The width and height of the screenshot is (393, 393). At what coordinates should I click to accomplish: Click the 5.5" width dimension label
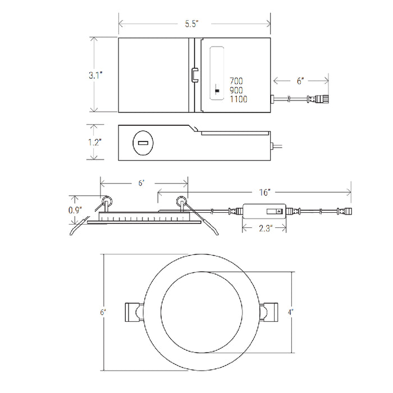[x=192, y=24]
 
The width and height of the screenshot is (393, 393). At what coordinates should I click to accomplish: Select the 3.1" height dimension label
[x=95, y=75]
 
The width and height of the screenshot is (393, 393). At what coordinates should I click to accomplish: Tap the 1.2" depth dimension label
[x=94, y=143]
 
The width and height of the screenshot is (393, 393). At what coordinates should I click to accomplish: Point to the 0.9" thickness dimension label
[x=75, y=210]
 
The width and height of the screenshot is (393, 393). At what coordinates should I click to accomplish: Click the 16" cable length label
[x=264, y=192]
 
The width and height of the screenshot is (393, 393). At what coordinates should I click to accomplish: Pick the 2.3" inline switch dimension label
[x=266, y=229]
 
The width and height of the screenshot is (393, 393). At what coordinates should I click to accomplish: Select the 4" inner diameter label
[x=290, y=312]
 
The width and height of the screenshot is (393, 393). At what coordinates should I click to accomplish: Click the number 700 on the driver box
[x=236, y=81]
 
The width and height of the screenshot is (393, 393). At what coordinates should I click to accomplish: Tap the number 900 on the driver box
[x=236, y=90]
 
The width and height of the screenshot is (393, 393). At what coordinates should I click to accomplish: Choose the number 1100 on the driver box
[x=239, y=99]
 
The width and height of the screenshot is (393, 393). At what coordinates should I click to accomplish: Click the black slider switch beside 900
[x=217, y=91]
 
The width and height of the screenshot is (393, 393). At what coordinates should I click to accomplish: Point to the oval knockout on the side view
[x=143, y=143]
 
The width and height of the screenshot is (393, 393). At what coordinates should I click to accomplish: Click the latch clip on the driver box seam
[x=195, y=75]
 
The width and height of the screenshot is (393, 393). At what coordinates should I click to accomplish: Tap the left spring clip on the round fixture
[x=134, y=312]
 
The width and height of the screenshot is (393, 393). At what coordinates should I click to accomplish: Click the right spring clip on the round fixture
[x=269, y=312]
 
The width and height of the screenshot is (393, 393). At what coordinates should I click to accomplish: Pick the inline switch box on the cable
[x=264, y=211]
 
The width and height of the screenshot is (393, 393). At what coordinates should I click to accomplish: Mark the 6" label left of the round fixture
[x=103, y=312]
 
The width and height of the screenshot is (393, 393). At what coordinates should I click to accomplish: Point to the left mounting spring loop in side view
[x=107, y=201]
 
